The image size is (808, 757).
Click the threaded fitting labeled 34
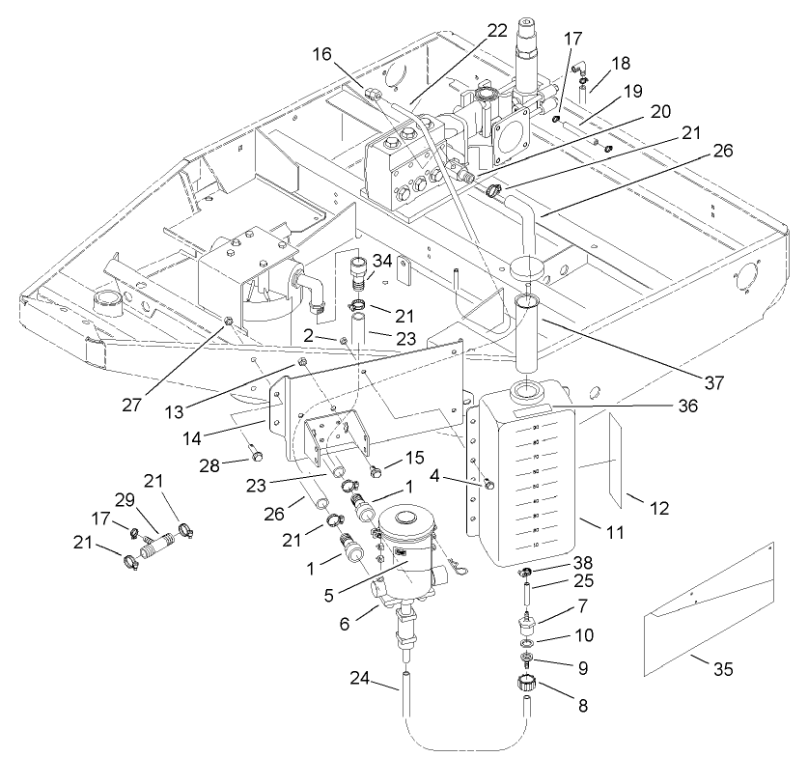point(357,272)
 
